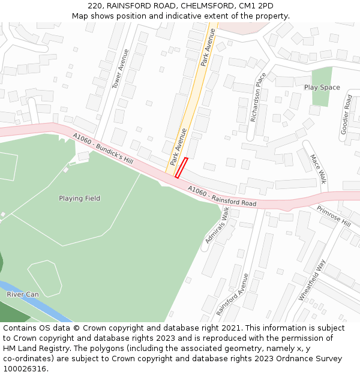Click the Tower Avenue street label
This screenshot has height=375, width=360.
click(121, 74)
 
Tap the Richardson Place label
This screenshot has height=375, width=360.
click(257, 97)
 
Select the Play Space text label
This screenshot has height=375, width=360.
click(322, 88)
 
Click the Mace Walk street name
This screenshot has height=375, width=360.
click(318, 169)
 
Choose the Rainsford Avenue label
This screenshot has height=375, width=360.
click(232, 294)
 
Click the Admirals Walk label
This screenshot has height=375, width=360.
click(217, 224)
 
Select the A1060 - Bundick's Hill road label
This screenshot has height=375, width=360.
click(103, 149)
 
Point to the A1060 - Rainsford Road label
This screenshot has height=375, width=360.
click(222, 196)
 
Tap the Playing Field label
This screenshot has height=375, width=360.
click(79, 199)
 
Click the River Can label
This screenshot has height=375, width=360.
click(23, 295)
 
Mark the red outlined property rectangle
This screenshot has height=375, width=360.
click(181, 167)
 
